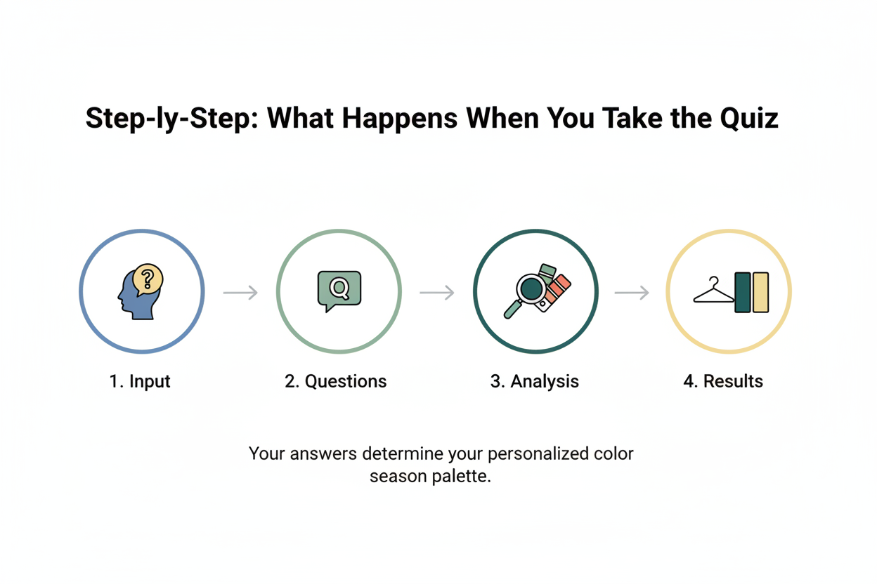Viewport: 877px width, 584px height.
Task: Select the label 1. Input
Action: [140, 381]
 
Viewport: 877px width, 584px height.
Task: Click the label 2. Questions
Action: [336, 381]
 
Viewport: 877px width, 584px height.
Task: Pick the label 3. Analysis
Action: [534, 381]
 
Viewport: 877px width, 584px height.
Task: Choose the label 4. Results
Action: [723, 381]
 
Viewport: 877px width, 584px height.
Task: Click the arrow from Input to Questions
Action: [240, 292]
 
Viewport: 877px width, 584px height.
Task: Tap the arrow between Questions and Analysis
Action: [436, 292]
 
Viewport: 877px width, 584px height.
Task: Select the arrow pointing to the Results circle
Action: [632, 292]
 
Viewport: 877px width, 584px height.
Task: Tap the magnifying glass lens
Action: [532, 288]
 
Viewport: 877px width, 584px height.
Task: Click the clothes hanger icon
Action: [713, 293]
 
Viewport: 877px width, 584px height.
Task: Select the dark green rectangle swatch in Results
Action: [742, 292]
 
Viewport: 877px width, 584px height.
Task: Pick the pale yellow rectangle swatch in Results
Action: [761, 292]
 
